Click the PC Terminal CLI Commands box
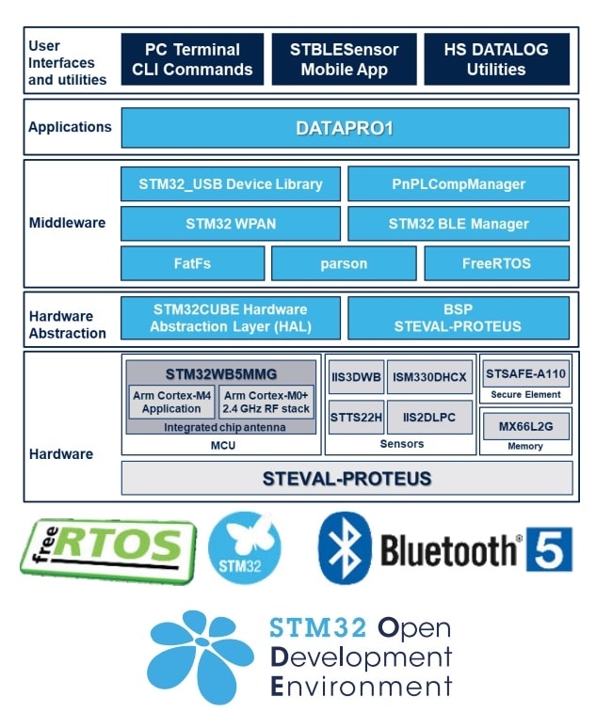point(192,59)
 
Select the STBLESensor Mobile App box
point(346,59)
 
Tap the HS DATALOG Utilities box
point(496,59)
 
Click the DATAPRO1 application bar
point(345,128)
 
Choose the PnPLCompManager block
point(458,184)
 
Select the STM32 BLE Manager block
point(458,225)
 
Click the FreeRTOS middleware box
point(496,264)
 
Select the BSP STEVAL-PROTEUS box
point(458,318)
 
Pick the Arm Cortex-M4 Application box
point(171,403)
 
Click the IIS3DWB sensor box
point(355,377)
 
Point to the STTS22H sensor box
point(355,416)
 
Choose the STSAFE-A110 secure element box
point(524,373)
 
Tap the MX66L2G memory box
point(524,427)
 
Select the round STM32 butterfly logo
point(244,549)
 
